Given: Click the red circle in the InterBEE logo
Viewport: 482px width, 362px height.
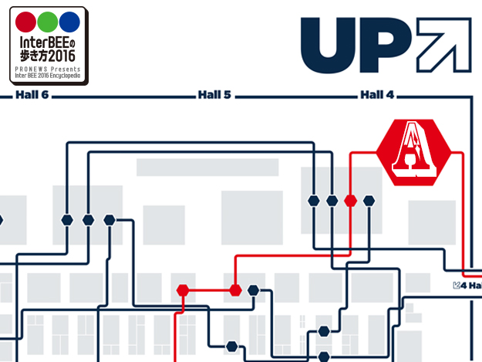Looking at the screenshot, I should [x=25, y=22].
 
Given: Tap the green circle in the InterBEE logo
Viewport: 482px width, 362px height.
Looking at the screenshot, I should [x=48, y=22].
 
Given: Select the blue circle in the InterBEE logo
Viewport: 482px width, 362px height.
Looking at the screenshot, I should [x=69, y=22].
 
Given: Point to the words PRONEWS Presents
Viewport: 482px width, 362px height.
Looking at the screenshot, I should [x=47, y=70].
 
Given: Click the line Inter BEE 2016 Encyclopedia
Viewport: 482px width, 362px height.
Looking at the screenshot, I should [x=47, y=76].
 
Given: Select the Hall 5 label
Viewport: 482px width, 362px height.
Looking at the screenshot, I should [x=214, y=96].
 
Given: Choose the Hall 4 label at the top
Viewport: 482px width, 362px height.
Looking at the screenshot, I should [x=377, y=96].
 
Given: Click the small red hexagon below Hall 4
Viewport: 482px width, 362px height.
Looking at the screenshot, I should [x=351, y=201].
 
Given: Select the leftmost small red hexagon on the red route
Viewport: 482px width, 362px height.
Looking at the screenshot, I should [x=183, y=290].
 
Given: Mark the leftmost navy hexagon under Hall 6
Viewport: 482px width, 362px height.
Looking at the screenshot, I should [x=68, y=219].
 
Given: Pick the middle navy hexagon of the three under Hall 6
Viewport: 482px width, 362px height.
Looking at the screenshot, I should [x=88, y=219].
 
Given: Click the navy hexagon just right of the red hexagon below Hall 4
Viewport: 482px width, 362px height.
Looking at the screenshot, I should [x=369, y=201].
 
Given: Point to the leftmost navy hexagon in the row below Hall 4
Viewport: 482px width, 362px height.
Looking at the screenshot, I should [x=314, y=201].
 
